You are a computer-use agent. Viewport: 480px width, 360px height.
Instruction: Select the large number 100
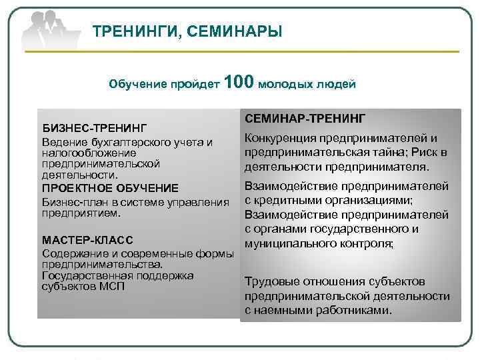239,83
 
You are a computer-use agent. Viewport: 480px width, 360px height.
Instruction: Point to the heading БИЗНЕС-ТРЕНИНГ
95,127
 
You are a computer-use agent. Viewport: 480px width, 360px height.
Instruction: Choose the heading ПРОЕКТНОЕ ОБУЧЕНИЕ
111,187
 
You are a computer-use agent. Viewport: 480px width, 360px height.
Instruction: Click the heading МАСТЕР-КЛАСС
87,239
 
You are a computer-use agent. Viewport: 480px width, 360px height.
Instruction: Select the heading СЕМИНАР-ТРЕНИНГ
305,118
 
